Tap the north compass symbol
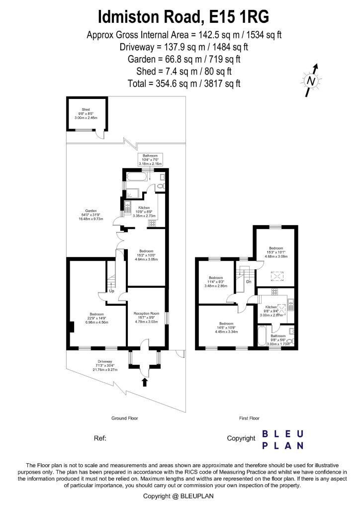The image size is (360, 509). pos(311,80)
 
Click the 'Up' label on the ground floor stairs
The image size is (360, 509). pos(112,291)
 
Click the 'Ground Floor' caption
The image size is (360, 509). pos(124,418)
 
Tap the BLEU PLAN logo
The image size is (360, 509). pos(282,439)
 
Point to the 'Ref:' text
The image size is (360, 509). pos(100,438)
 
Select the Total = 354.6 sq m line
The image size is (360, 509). pos(184,83)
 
